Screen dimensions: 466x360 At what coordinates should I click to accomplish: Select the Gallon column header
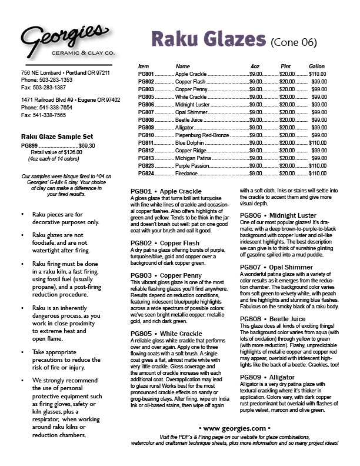pos(316,66)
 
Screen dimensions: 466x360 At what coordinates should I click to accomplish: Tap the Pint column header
pos(286,66)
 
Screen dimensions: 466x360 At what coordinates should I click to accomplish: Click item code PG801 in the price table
pos(146,74)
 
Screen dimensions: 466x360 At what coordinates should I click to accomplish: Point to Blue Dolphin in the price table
pos(191,142)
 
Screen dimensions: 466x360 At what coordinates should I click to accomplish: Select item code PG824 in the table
pos(146,173)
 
